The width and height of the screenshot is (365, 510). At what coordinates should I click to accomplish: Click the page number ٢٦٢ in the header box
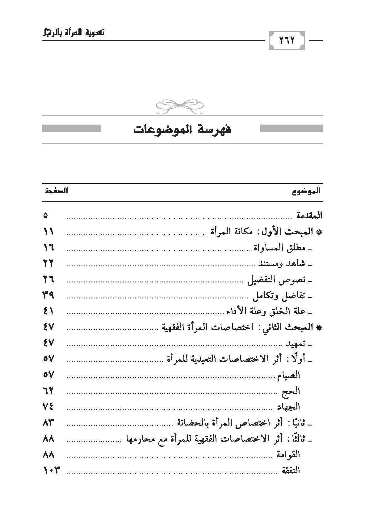coord(287,40)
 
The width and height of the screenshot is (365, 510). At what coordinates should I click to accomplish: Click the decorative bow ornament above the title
coord(180,105)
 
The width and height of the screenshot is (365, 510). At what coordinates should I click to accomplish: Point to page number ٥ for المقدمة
coord(46,216)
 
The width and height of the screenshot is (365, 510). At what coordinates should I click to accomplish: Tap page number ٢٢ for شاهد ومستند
coord(48,264)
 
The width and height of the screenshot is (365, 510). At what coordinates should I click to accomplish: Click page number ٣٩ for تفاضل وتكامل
coord(48,296)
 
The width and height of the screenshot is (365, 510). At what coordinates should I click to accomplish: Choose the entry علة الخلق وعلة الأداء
coord(264,312)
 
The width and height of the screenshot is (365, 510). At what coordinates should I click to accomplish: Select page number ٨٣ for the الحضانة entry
coord(48,423)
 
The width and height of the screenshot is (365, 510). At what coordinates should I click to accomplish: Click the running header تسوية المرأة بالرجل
coord(73,32)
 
